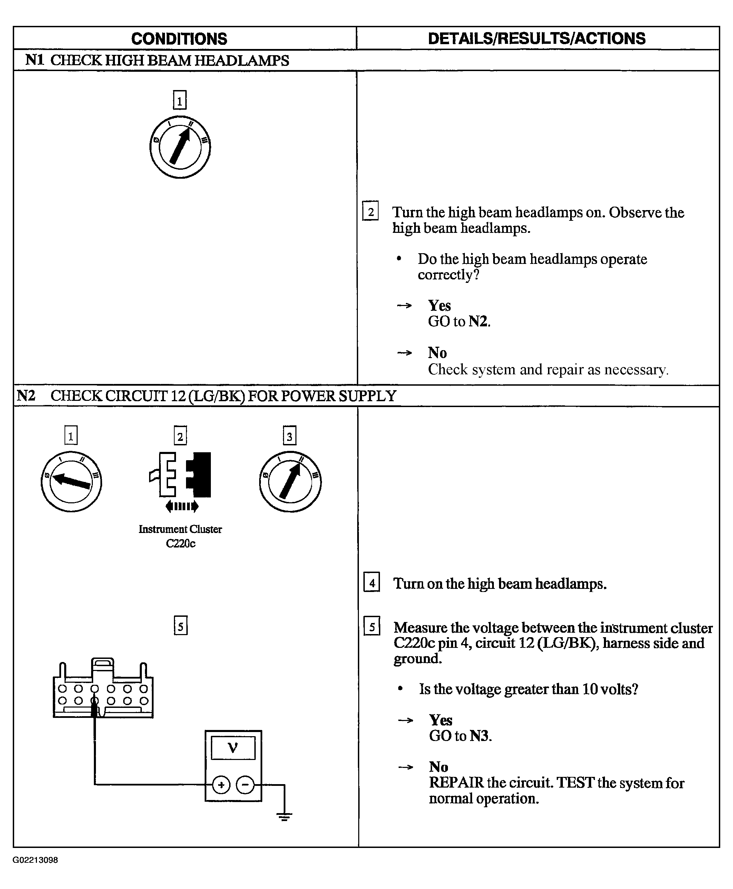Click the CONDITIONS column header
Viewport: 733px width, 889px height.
pyautogui.click(x=179, y=39)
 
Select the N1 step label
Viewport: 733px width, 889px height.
pyautogui.click(x=35, y=60)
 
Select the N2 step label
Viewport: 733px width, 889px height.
pyautogui.click(x=26, y=396)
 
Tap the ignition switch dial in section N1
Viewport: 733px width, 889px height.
pyautogui.click(x=180, y=147)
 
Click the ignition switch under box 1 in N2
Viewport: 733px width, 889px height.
pyautogui.click(x=71, y=482)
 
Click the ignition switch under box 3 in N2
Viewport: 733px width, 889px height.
pyautogui.click(x=290, y=482)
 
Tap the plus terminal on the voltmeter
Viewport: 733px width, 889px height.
pyautogui.click(x=221, y=785)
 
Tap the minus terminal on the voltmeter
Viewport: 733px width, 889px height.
pyautogui.click(x=245, y=785)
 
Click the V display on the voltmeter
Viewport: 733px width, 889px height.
pyautogui.click(x=233, y=748)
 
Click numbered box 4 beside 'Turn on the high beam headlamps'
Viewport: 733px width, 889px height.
pyautogui.click(x=372, y=583)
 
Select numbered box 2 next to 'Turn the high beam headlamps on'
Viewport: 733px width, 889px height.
pyautogui.click(x=370, y=211)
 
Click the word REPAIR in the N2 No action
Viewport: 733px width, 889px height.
pyautogui.click(x=456, y=783)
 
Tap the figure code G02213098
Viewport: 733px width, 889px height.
pyautogui.click(x=35, y=860)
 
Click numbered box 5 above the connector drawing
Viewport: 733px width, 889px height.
pyautogui.click(x=180, y=625)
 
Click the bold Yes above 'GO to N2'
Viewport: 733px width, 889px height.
pyautogui.click(x=440, y=305)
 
